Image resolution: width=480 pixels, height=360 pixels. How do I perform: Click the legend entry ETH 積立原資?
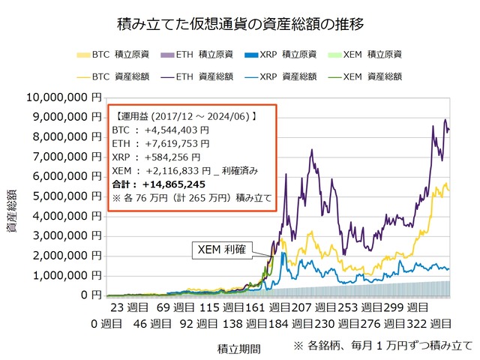[x=201, y=55]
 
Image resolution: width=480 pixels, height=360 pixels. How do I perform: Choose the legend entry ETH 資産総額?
[x=201, y=76]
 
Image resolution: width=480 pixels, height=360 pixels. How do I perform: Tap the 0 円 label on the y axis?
[x=89, y=295]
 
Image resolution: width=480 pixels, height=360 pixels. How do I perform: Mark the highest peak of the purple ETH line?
[x=445, y=120]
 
